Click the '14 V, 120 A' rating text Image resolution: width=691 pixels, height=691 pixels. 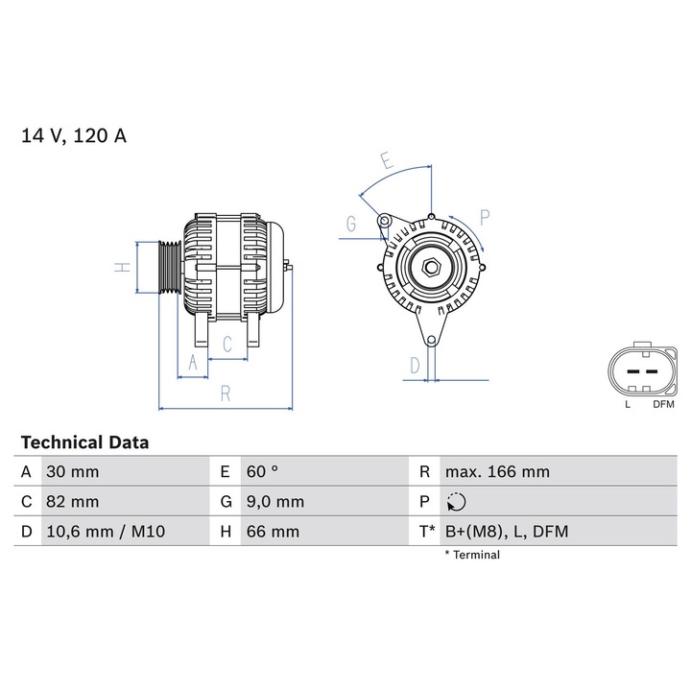pyautogui.click(x=74, y=135)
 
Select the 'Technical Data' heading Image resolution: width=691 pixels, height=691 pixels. pyautogui.click(x=84, y=442)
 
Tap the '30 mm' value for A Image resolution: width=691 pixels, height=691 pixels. pyautogui.click(x=72, y=472)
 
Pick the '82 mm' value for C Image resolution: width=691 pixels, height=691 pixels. pyautogui.click(x=72, y=502)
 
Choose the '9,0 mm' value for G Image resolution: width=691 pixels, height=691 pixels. pyautogui.click(x=275, y=502)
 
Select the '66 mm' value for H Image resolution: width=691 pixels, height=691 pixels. pyautogui.click(x=273, y=531)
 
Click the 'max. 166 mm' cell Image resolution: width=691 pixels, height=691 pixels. pyautogui.click(x=497, y=472)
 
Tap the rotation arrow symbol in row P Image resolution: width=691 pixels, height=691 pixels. pyautogui.click(x=457, y=502)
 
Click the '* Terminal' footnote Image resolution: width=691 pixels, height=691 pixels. pyautogui.click(x=472, y=555)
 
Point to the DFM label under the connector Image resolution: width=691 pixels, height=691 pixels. pyautogui.click(x=664, y=405)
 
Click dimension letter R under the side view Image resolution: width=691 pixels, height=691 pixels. pyautogui.click(x=225, y=392)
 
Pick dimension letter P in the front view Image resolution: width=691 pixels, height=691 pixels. pyautogui.click(x=485, y=217)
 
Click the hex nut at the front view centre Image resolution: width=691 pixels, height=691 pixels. pyautogui.click(x=431, y=267)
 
